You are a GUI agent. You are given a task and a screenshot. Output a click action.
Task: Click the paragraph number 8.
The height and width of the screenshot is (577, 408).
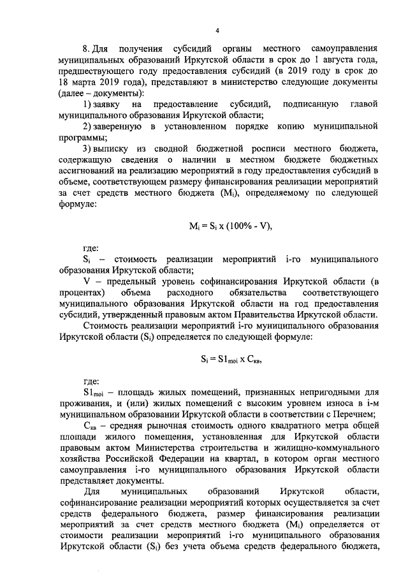tap(86, 49)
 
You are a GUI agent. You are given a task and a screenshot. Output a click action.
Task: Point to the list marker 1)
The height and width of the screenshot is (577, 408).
tap(91, 105)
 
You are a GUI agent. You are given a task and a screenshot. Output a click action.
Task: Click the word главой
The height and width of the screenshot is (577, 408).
tap(365, 105)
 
